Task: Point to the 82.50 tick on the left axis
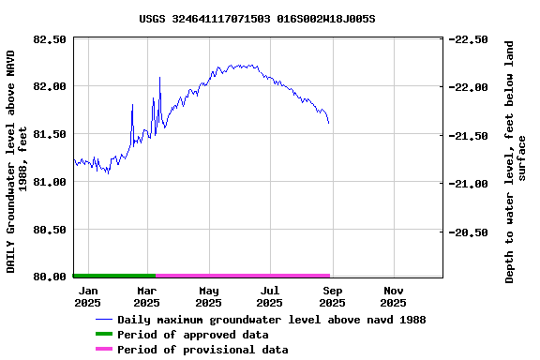[x=50, y=39]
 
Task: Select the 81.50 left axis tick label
[x=50, y=134]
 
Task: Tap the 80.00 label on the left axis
[x=50, y=277]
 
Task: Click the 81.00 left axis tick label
[x=50, y=182]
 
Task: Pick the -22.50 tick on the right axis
[x=468, y=39]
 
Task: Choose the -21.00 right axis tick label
[x=468, y=184]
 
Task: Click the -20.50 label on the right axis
[x=468, y=232]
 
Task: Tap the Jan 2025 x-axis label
[x=87, y=296]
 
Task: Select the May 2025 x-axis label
[x=208, y=296]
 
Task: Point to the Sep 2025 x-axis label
[x=332, y=296]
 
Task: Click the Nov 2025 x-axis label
[x=393, y=296]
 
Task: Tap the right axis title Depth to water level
[x=516, y=161]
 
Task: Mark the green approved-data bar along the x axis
[x=113, y=276]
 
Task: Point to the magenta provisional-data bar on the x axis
[x=242, y=276]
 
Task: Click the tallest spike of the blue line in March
[x=159, y=78]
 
